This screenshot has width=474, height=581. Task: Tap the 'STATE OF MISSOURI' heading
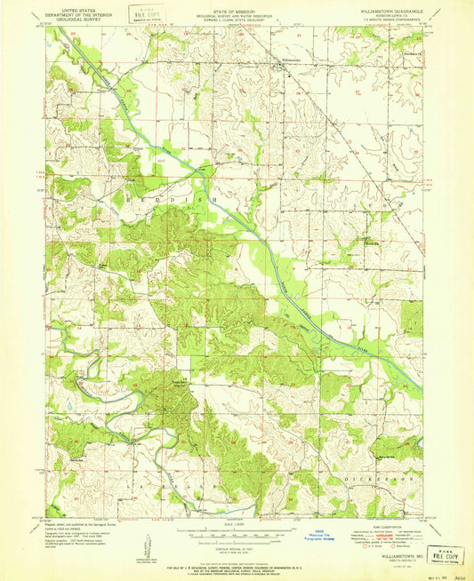tap(236, 8)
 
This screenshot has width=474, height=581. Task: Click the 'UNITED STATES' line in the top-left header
tap(76, 8)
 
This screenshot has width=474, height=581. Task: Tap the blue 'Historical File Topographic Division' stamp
tap(289, 538)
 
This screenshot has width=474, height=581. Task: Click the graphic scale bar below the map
tap(236, 536)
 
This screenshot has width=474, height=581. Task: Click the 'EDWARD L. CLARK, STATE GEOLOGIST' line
tap(236, 18)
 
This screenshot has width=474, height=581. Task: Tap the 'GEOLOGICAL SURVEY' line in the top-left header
tap(76, 18)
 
